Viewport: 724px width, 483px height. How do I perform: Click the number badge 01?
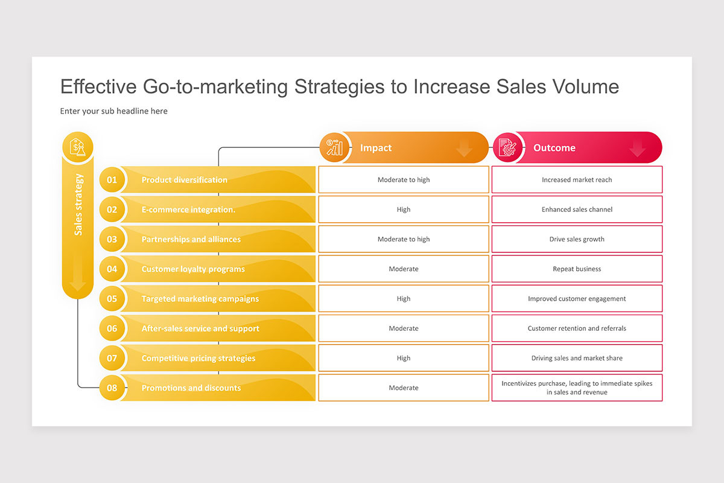(x=112, y=180)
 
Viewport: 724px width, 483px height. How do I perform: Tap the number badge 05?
(x=112, y=299)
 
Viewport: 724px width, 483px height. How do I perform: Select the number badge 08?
(x=112, y=388)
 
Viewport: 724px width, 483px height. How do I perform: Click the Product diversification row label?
(x=184, y=180)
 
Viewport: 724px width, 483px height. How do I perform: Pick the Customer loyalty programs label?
(x=193, y=269)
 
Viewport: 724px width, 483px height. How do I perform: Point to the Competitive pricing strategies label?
(x=198, y=359)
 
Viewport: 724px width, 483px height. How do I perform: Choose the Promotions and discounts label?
(x=191, y=388)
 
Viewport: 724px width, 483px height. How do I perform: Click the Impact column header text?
(x=376, y=148)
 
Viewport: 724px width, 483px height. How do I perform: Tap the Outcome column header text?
(x=554, y=148)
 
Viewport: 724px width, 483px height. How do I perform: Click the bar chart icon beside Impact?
(x=334, y=148)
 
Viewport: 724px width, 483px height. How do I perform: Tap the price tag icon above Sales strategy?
(x=78, y=147)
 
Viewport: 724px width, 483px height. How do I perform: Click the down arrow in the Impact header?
(x=464, y=149)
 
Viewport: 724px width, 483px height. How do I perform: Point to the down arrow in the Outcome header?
(x=637, y=149)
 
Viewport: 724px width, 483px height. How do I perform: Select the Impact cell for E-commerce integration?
(x=404, y=210)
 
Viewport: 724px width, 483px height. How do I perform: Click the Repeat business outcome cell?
(x=577, y=269)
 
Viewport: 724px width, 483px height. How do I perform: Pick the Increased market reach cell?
(x=577, y=180)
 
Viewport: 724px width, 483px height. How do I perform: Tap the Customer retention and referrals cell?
(x=577, y=328)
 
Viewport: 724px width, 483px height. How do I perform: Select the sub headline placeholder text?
(x=114, y=111)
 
